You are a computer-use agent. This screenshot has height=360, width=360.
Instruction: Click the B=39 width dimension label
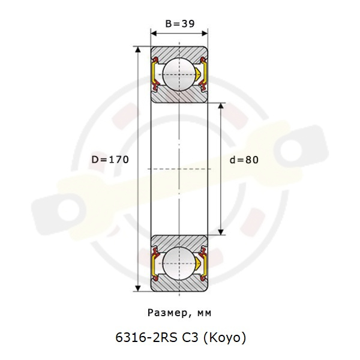coord(180,23)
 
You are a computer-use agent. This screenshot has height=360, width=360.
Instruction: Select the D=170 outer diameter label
coord(110,160)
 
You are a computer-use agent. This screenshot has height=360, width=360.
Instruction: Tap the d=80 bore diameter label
coord(244,160)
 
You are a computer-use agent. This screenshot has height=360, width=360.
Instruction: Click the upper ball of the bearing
coord(179,74)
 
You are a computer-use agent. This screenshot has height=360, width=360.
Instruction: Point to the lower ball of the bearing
coord(179,263)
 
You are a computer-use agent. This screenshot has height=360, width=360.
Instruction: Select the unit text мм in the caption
coord(204,313)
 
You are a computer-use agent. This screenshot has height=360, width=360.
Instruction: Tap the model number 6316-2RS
coord(146,337)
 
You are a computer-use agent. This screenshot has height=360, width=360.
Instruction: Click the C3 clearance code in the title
coord(190,337)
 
